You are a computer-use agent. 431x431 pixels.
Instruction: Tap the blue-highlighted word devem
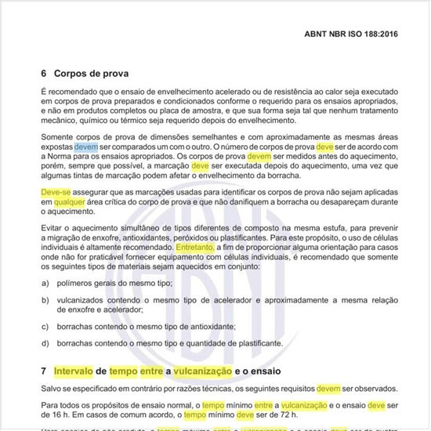(x=130, y=146)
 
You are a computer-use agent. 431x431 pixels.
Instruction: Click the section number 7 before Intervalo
(x=44, y=370)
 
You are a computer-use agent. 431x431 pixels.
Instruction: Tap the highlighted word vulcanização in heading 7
(x=221, y=370)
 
